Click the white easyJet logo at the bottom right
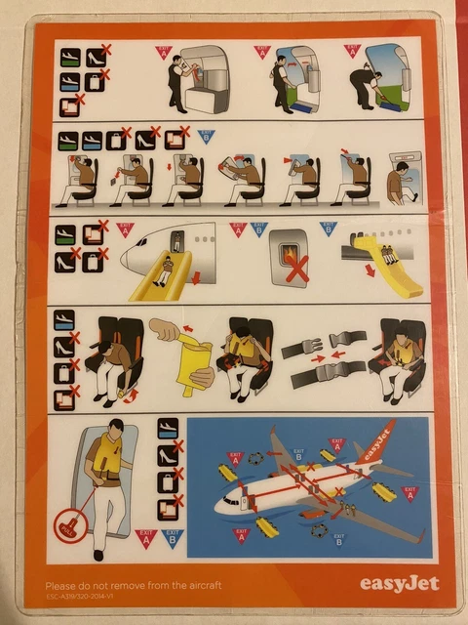tap(399, 583)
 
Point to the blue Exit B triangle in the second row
tap(206, 136)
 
